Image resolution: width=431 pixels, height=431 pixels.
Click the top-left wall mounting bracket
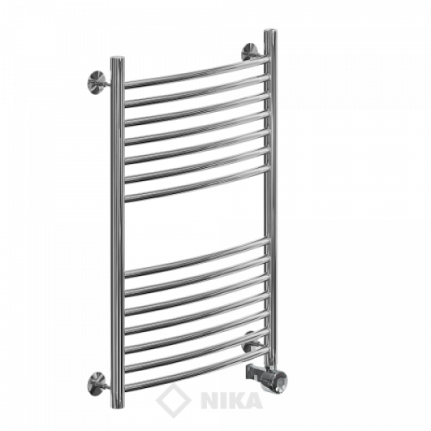(x=97, y=80)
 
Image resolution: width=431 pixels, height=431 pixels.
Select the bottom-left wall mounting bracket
(x=97, y=381)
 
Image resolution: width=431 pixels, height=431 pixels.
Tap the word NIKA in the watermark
(x=232, y=400)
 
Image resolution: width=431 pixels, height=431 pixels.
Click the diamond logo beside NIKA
(x=173, y=399)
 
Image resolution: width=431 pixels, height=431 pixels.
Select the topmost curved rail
(x=197, y=72)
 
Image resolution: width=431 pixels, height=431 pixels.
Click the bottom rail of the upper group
(x=197, y=184)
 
